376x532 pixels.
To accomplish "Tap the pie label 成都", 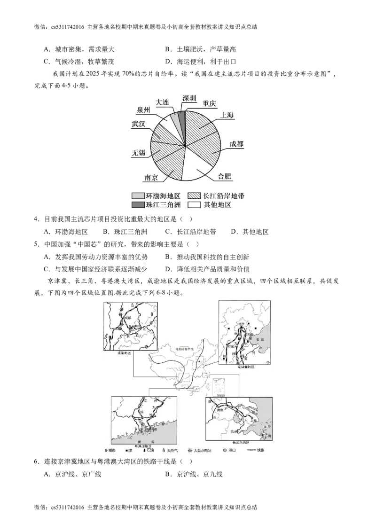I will [x=237, y=144].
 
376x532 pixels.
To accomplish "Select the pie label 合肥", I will [x=225, y=177].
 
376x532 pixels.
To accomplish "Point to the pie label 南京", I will [x=151, y=178].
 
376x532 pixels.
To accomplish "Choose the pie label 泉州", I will [x=144, y=110].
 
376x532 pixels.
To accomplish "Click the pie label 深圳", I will [x=190, y=98].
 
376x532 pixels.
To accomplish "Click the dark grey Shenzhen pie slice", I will [x=182, y=116].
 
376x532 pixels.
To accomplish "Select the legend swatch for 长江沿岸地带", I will [x=194, y=195].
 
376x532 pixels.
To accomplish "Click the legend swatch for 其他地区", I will [x=194, y=205].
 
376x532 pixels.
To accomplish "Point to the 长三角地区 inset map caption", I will [x=239, y=443].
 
